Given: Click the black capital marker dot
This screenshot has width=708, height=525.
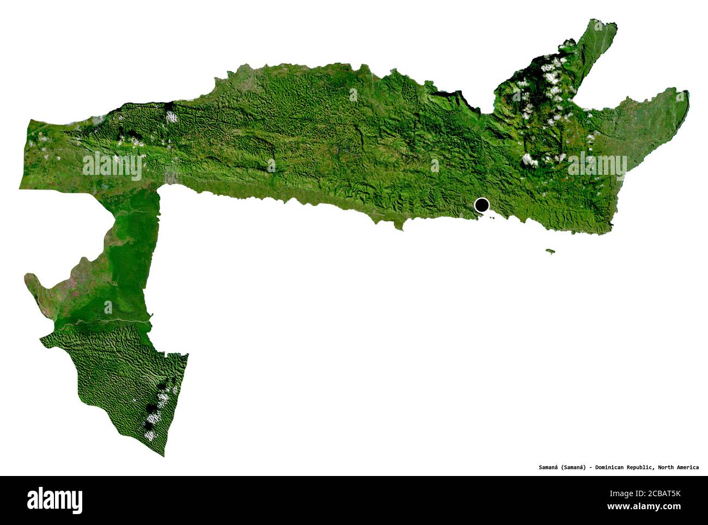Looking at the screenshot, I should click(x=481, y=205).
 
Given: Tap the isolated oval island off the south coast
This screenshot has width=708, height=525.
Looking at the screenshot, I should click(x=551, y=251).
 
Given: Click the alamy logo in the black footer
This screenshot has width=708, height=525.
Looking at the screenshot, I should click(x=54, y=500).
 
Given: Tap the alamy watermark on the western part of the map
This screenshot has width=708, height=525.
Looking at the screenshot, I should click(x=112, y=166).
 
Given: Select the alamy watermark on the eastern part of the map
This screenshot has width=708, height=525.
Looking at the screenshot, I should click(x=597, y=164).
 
